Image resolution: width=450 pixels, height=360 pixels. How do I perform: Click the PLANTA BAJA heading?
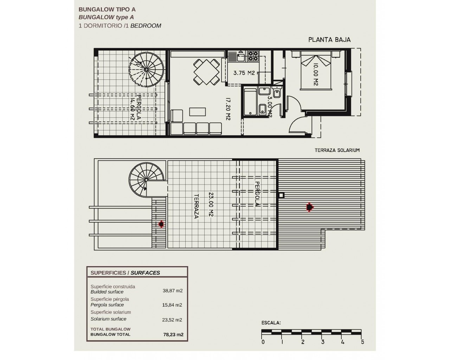click(329, 40)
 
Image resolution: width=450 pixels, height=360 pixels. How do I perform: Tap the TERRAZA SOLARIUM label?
click(337, 150)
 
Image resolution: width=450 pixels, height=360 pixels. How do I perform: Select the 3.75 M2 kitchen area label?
click(244, 73)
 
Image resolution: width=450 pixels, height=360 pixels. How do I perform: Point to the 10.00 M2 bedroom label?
click(316, 74)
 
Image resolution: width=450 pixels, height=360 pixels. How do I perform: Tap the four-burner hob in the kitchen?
click(253, 56)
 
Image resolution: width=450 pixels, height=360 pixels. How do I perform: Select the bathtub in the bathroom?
click(250, 102)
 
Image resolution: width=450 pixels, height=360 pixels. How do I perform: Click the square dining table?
click(206, 72)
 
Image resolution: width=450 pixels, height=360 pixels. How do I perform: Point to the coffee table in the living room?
click(197, 112)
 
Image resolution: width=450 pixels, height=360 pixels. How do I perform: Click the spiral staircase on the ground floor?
click(146, 70)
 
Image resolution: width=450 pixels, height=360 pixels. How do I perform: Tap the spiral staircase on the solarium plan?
click(146, 180)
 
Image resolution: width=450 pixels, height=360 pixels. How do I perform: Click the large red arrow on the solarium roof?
click(310, 207)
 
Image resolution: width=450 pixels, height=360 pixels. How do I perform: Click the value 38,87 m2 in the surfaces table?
click(173, 291)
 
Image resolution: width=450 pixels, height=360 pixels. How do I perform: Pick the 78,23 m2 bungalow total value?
click(173, 335)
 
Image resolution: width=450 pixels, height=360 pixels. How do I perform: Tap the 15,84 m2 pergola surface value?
click(172, 305)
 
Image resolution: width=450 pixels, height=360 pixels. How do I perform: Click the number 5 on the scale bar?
click(362, 342)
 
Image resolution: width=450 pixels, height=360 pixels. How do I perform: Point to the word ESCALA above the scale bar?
click(271, 323)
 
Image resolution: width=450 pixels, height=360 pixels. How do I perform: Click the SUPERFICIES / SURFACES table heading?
click(125, 273)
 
